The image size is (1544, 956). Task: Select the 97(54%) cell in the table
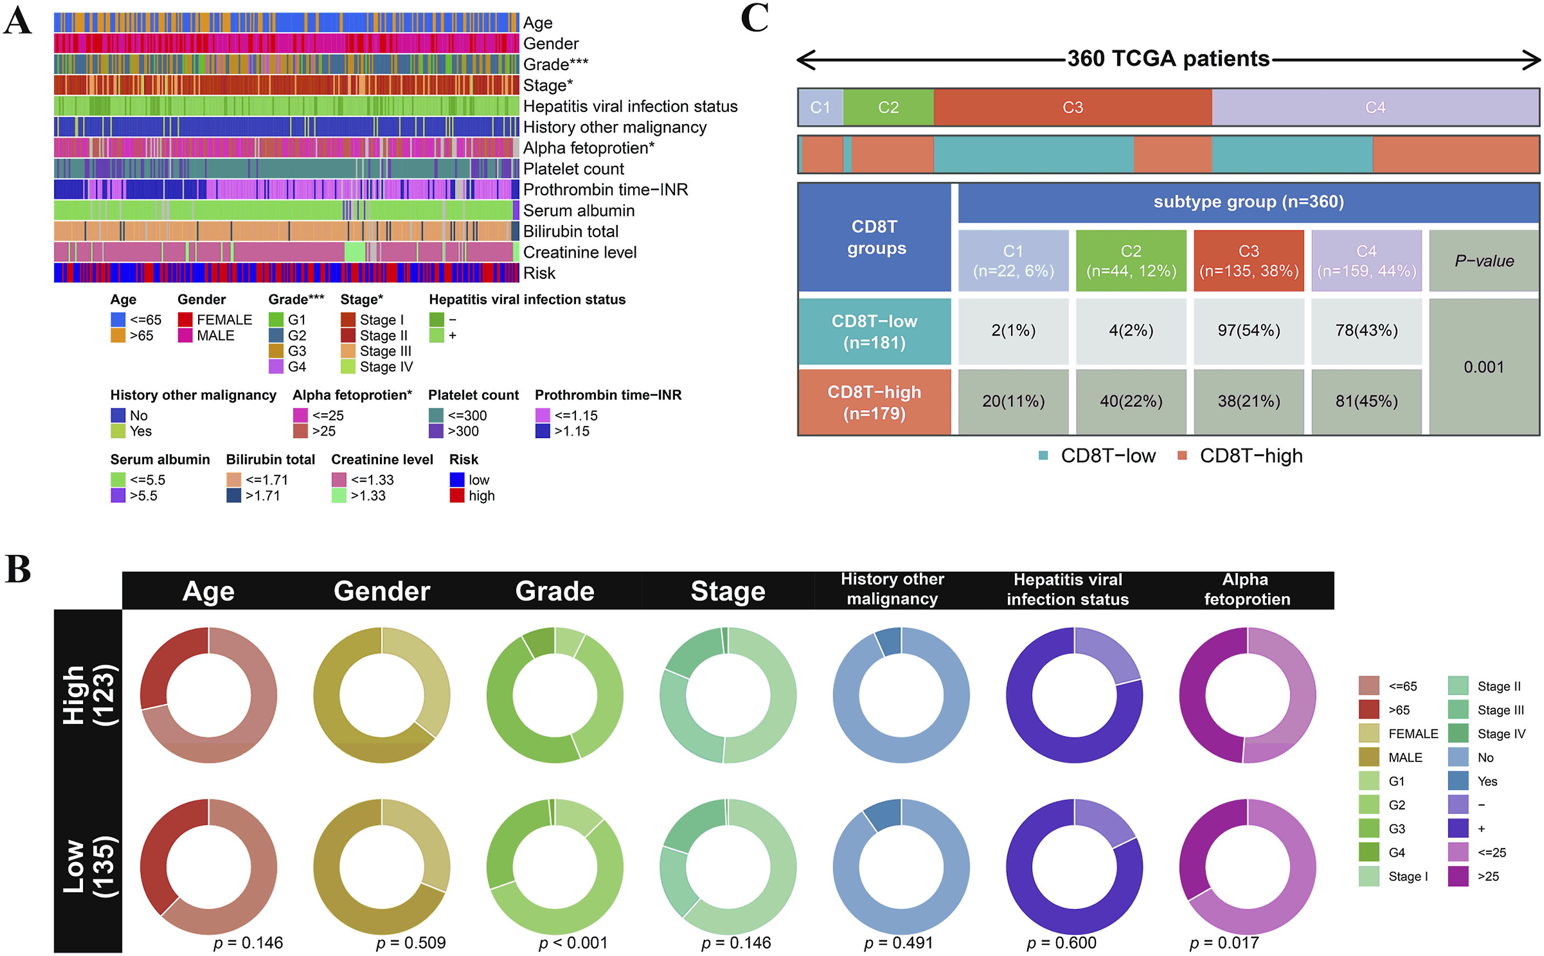(x=1248, y=331)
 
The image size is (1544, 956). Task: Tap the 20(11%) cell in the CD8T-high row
(x=1013, y=401)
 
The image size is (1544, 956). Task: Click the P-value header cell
(x=1484, y=261)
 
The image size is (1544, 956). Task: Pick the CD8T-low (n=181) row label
(x=874, y=332)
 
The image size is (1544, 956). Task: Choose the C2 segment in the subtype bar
(x=888, y=107)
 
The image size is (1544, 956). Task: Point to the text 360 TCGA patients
(x=1168, y=59)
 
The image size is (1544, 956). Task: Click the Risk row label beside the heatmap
(x=539, y=273)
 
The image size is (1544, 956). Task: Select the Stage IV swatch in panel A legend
(x=348, y=367)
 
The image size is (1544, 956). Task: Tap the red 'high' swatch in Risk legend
(x=457, y=496)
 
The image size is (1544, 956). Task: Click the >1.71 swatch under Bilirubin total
(x=233, y=496)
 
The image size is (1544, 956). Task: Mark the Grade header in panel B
(x=555, y=591)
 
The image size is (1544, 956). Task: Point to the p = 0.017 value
(x=1224, y=943)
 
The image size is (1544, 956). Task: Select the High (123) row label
(x=89, y=695)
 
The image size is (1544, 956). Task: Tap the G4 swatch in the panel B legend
(x=1369, y=852)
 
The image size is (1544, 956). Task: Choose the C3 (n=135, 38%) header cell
(x=1248, y=261)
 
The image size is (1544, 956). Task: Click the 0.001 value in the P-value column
(x=1484, y=367)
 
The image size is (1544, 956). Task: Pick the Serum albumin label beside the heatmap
(x=579, y=210)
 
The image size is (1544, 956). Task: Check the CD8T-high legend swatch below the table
(x=1182, y=456)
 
